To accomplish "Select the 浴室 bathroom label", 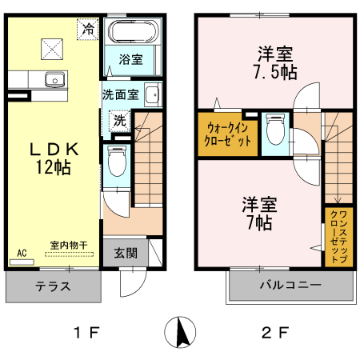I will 130,58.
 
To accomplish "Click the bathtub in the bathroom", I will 134,33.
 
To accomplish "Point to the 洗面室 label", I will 120,93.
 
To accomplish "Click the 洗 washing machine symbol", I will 119,122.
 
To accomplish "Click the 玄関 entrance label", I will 124,254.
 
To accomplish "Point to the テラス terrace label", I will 53,286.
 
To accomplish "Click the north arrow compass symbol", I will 180,332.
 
